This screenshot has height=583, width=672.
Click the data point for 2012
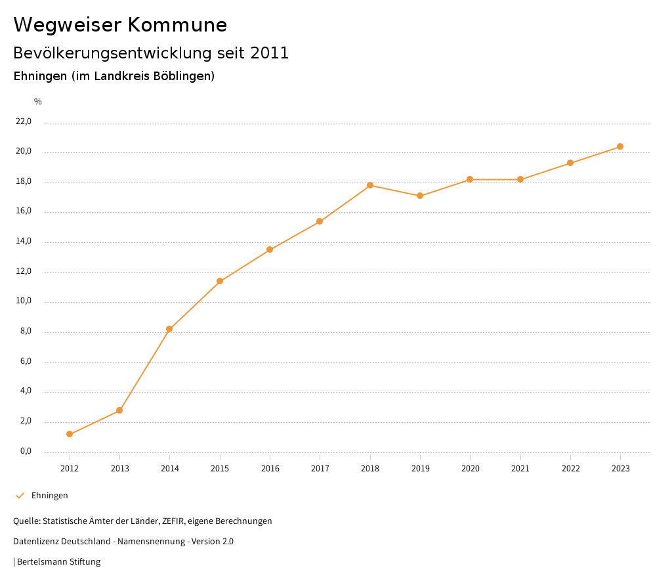click(x=70, y=434)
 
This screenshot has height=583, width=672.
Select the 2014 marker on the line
click(x=169, y=329)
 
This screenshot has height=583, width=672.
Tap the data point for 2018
click(x=370, y=185)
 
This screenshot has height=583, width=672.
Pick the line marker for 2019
click(x=420, y=196)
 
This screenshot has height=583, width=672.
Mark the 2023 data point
click(x=620, y=146)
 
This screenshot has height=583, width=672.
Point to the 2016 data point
click(x=270, y=249)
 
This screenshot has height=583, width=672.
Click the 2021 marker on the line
click(x=520, y=179)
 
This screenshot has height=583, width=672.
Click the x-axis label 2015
click(x=220, y=468)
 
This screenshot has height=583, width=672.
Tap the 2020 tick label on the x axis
click(x=470, y=468)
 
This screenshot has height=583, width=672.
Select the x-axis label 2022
click(x=570, y=468)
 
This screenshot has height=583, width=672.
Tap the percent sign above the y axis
click(x=38, y=101)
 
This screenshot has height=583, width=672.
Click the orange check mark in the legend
click(x=20, y=496)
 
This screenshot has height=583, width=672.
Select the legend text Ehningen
click(x=50, y=496)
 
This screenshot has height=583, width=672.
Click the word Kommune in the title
click(x=177, y=25)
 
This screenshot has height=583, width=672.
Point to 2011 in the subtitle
click(x=270, y=53)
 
